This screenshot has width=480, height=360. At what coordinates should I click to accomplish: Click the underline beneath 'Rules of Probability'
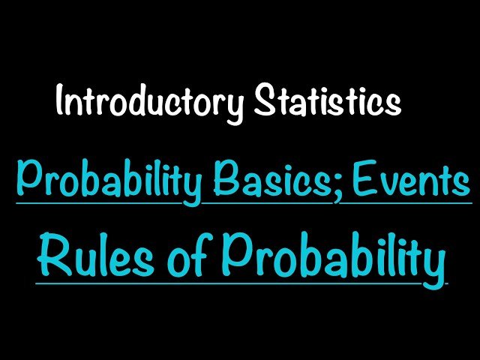225,283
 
